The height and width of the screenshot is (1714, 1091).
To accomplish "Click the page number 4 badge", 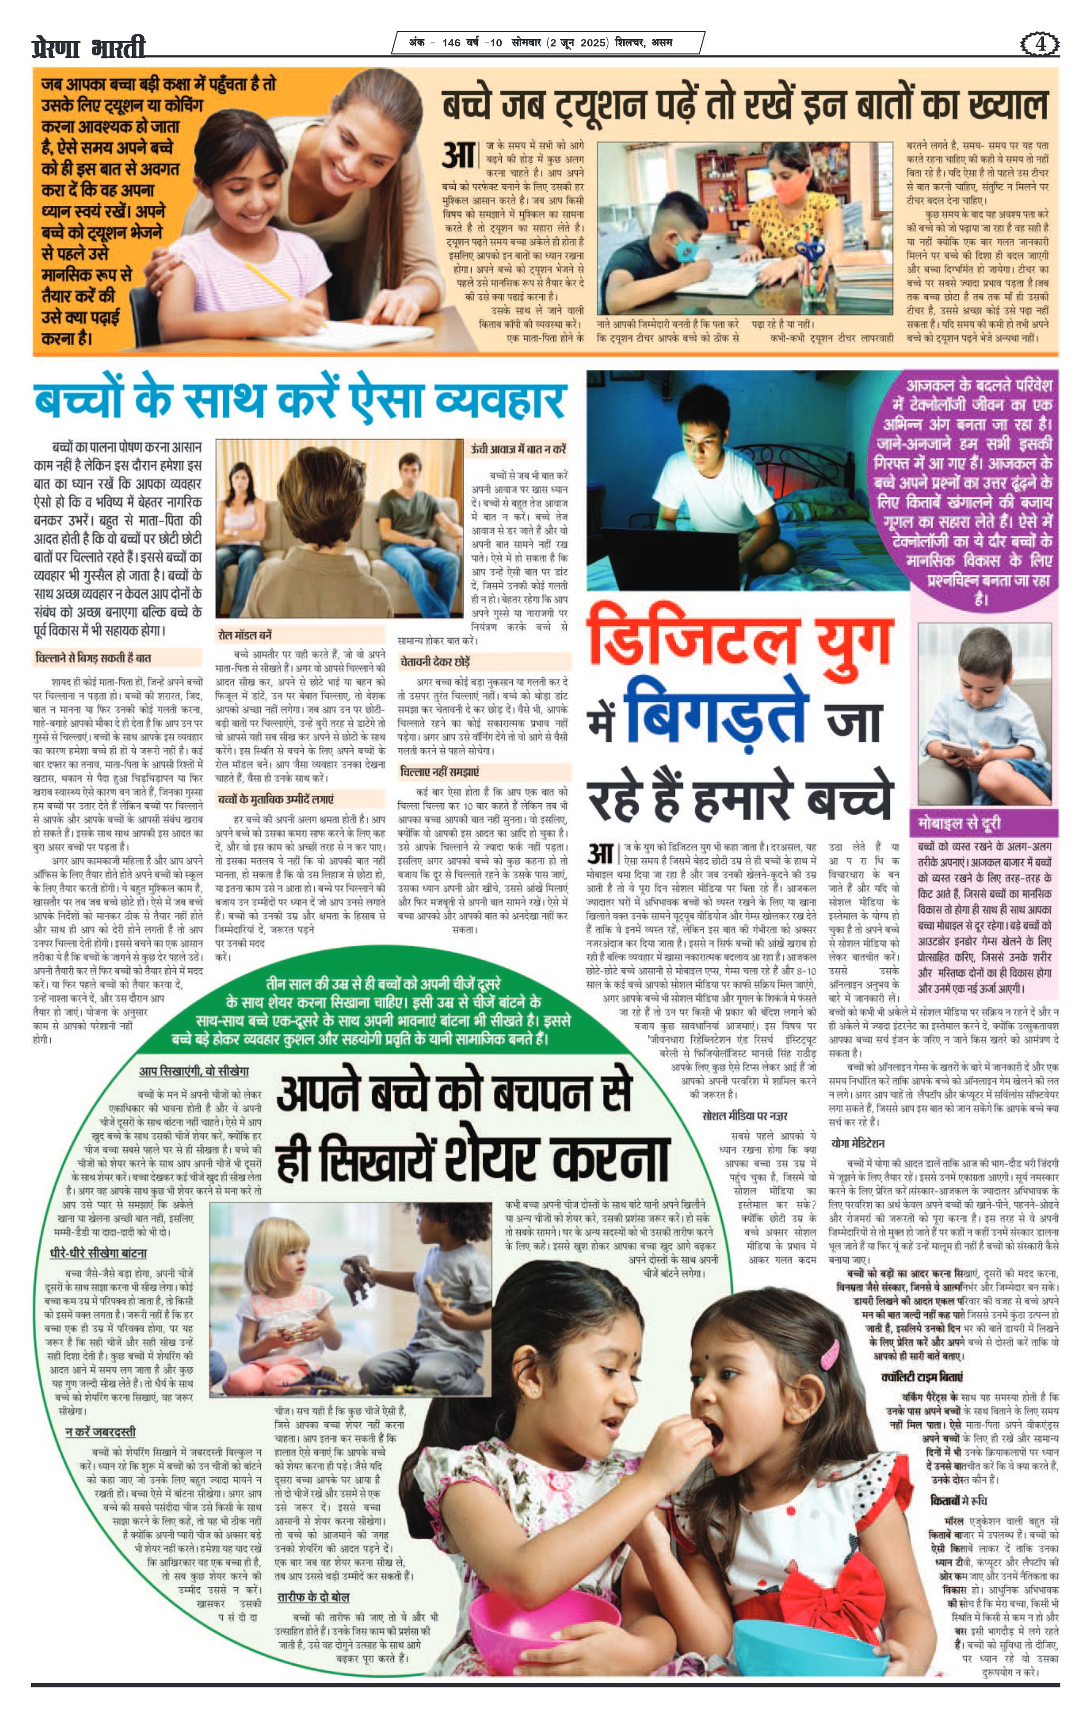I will (1040, 44).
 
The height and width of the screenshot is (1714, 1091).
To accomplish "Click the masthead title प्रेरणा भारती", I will (89, 47).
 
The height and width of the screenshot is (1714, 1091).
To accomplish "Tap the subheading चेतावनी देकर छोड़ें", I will (435, 661).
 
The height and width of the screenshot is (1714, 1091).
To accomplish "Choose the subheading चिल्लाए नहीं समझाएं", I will (439, 772).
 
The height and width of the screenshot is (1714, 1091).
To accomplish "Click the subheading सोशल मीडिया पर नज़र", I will (744, 1116).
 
